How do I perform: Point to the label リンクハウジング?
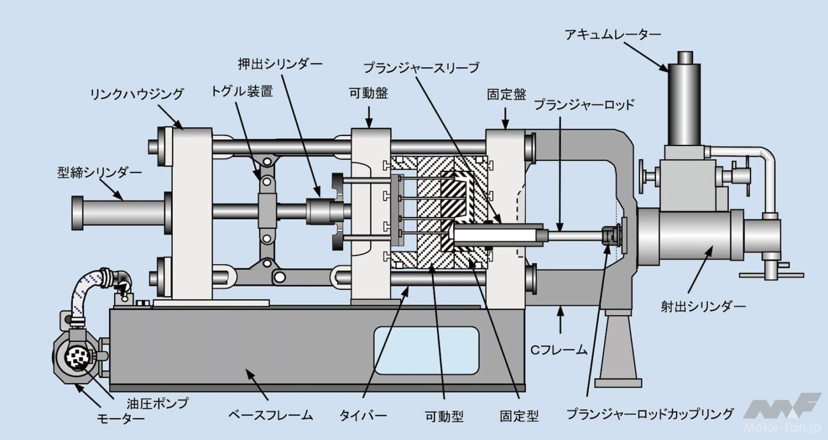137,94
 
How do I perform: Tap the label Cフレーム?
558,350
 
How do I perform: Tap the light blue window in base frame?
426,350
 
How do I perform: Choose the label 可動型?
445,416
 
